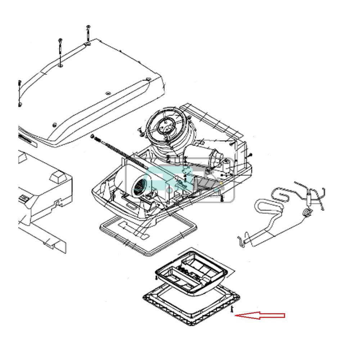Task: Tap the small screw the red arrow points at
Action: point(232,309)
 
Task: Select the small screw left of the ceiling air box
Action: point(156,278)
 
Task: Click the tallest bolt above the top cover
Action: point(88,35)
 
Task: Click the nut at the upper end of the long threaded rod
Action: point(93,136)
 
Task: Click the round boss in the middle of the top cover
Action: point(108,93)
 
